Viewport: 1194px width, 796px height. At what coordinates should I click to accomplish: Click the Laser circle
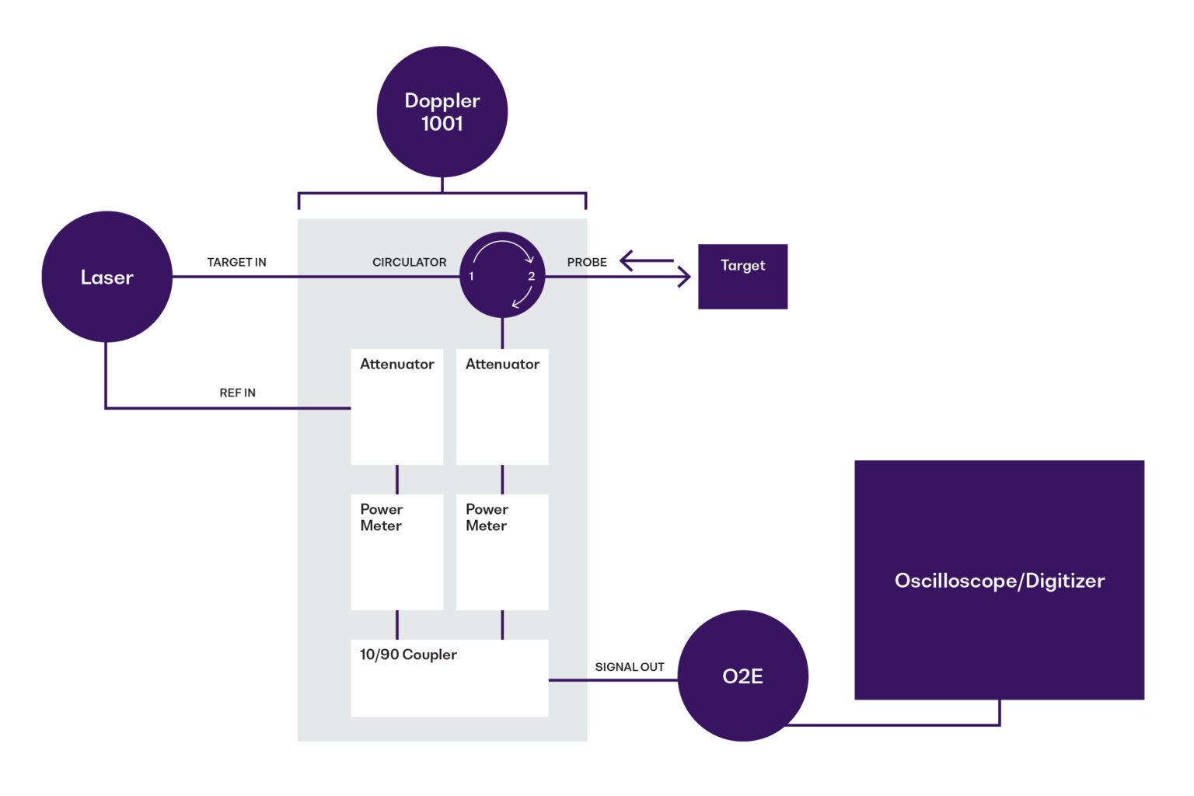[x=106, y=277]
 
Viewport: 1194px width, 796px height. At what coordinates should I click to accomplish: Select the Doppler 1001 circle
[x=442, y=112]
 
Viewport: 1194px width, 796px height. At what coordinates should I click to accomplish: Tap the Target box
[x=742, y=277]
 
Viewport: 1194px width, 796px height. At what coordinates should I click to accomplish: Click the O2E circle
[x=742, y=676]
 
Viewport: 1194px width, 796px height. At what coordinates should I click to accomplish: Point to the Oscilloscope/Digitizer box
[x=999, y=580]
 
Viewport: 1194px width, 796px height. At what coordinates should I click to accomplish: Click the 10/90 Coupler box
[x=449, y=678]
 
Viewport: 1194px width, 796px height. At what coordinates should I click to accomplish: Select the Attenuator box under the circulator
[x=502, y=407]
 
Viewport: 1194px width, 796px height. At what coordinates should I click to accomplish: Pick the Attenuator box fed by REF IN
[x=396, y=407]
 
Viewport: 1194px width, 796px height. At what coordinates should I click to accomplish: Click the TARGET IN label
[x=236, y=263]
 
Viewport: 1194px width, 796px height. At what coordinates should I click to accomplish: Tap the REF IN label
[x=237, y=393]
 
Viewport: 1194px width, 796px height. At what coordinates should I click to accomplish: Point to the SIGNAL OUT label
[x=629, y=667]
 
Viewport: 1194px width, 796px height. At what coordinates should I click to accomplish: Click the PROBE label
[x=587, y=263]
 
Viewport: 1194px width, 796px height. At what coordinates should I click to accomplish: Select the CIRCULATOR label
[x=409, y=263]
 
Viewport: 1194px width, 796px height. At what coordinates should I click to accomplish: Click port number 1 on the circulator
[x=471, y=277]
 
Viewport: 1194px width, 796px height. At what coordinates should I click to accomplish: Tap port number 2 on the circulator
[x=532, y=277]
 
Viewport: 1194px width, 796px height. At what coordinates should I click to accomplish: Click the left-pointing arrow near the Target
[x=645, y=260]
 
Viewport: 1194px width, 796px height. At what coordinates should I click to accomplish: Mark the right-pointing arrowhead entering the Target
[x=684, y=277]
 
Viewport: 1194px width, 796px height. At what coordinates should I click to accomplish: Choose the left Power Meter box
[x=396, y=552]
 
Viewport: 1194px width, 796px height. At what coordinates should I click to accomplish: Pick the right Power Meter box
[x=502, y=552]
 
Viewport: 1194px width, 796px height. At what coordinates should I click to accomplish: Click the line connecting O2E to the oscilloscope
[x=894, y=725]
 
